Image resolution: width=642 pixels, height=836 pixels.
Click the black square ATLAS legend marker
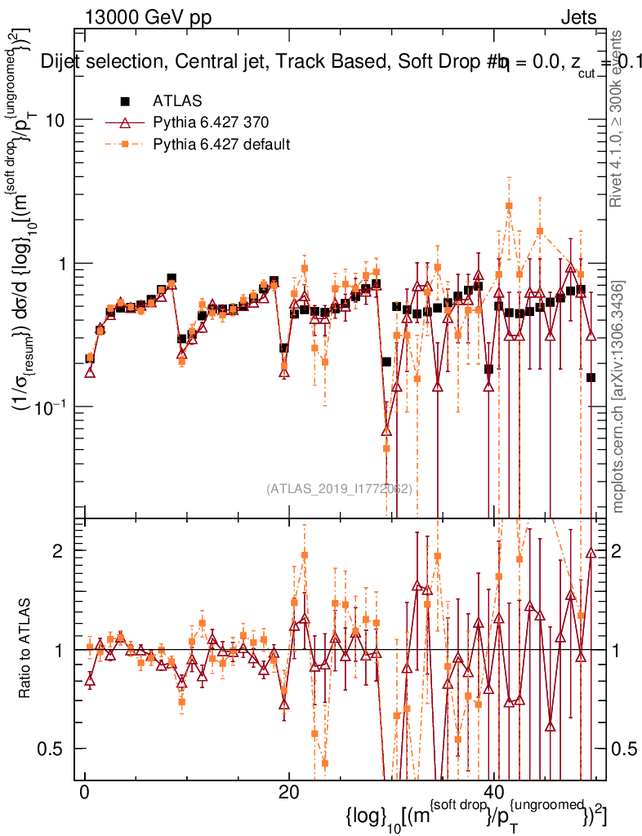125,101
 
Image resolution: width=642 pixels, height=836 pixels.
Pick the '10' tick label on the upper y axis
56,120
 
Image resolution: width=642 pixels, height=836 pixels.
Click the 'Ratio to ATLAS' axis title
26,649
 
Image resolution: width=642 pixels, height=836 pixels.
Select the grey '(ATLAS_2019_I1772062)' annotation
339,489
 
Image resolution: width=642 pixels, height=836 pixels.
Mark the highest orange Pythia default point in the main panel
509,206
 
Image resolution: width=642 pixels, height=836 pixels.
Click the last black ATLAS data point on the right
591,377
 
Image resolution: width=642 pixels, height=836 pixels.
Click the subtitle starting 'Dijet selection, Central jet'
327,62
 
